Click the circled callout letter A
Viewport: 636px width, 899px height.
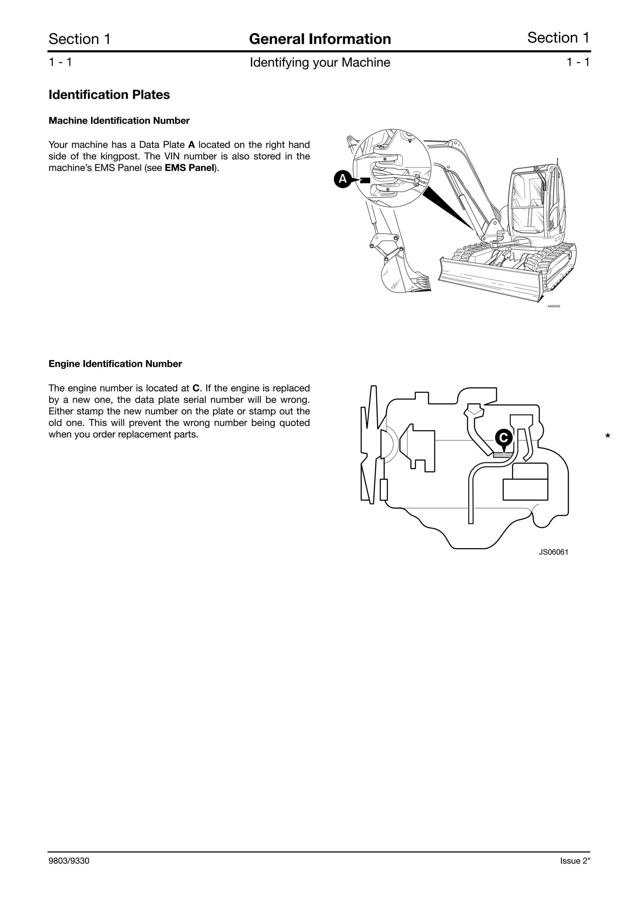[343, 179]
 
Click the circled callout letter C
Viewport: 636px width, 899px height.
[503, 437]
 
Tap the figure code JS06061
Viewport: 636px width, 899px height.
[553, 552]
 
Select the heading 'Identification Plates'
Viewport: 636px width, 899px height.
[109, 95]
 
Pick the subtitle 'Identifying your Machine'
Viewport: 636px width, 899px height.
[320, 63]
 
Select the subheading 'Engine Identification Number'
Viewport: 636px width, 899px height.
[115, 364]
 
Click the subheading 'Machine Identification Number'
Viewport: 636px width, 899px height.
[119, 120]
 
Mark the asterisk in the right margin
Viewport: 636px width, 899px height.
[608, 436]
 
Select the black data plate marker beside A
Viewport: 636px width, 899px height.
[365, 180]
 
